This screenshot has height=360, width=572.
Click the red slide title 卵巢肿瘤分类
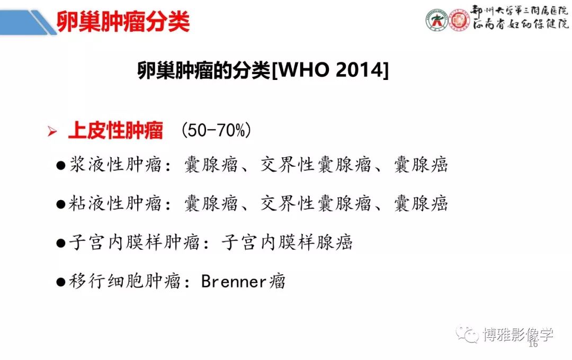coord(123,22)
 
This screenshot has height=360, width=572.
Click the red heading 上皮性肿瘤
coord(115,130)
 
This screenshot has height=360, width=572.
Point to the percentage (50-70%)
coord(216,130)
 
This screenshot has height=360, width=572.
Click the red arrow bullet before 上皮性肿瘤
coord(52,131)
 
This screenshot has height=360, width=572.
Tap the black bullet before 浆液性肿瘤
coord(60,166)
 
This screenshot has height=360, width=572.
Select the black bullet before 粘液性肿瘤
coord(60,204)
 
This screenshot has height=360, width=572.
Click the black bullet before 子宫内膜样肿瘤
coord(60,244)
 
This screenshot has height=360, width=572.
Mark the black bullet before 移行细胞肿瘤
coord(60,282)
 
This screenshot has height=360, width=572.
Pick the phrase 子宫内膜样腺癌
coord(287,242)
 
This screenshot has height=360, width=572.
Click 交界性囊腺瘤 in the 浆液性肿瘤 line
coord(316,165)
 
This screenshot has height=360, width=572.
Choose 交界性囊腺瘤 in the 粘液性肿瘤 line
coord(316,203)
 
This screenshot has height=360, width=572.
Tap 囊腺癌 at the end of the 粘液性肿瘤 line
coord(421,203)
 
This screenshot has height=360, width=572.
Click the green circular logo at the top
coord(436,20)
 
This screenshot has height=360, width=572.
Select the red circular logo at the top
coord(459,20)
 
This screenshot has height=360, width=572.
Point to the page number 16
coord(533,344)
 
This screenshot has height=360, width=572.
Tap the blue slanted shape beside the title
coord(28,22)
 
